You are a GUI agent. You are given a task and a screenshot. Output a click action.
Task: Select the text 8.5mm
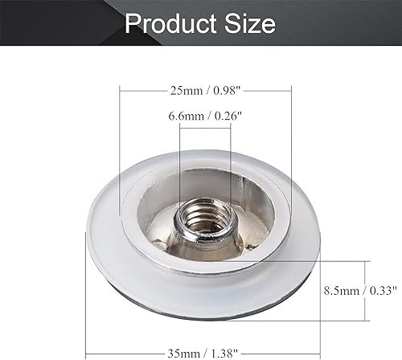point(338,287)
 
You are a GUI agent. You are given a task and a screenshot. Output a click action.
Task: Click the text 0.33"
point(384,287)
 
